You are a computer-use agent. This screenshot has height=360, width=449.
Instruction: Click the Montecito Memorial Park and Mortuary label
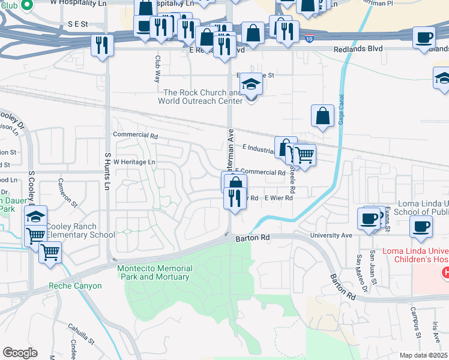tap(153, 272)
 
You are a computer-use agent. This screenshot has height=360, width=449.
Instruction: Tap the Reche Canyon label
tap(76, 286)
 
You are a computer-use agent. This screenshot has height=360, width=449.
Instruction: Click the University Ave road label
tap(330, 235)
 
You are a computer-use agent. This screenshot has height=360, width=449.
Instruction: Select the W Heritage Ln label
tap(134, 162)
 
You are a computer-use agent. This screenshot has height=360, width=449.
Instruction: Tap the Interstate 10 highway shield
tap(309, 38)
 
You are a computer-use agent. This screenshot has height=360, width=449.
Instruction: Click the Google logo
tap(20, 353)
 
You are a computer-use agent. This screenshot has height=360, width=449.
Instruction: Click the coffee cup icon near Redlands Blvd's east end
tap(424, 37)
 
